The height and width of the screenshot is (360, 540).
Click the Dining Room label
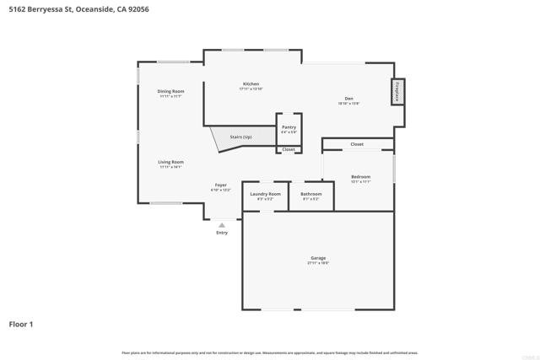(x=170, y=91)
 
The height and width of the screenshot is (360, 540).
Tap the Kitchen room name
(x=251, y=84)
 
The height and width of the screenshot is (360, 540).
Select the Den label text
(x=348, y=99)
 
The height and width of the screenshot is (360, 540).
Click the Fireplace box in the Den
(x=397, y=91)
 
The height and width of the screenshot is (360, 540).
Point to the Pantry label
(x=289, y=127)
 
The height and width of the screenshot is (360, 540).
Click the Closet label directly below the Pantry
(x=289, y=149)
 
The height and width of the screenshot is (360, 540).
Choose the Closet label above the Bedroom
(x=357, y=144)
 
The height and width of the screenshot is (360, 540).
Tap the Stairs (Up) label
(x=241, y=137)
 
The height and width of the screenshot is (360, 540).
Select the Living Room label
(x=170, y=162)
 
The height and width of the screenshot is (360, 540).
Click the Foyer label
(x=220, y=185)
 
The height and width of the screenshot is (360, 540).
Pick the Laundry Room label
(x=265, y=194)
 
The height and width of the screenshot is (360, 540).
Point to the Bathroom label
(x=310, y=194)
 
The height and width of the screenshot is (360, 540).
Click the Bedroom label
(x=360, y=177)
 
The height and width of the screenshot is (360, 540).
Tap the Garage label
(x=318, y=258)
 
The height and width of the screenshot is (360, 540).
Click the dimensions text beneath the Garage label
(x=318, y=263)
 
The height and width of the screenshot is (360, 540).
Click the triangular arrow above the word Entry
(x=222, y=225)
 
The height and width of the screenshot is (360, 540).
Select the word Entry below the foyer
(x=222, y=233)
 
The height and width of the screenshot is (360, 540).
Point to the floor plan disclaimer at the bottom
(x=270, y=352)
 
